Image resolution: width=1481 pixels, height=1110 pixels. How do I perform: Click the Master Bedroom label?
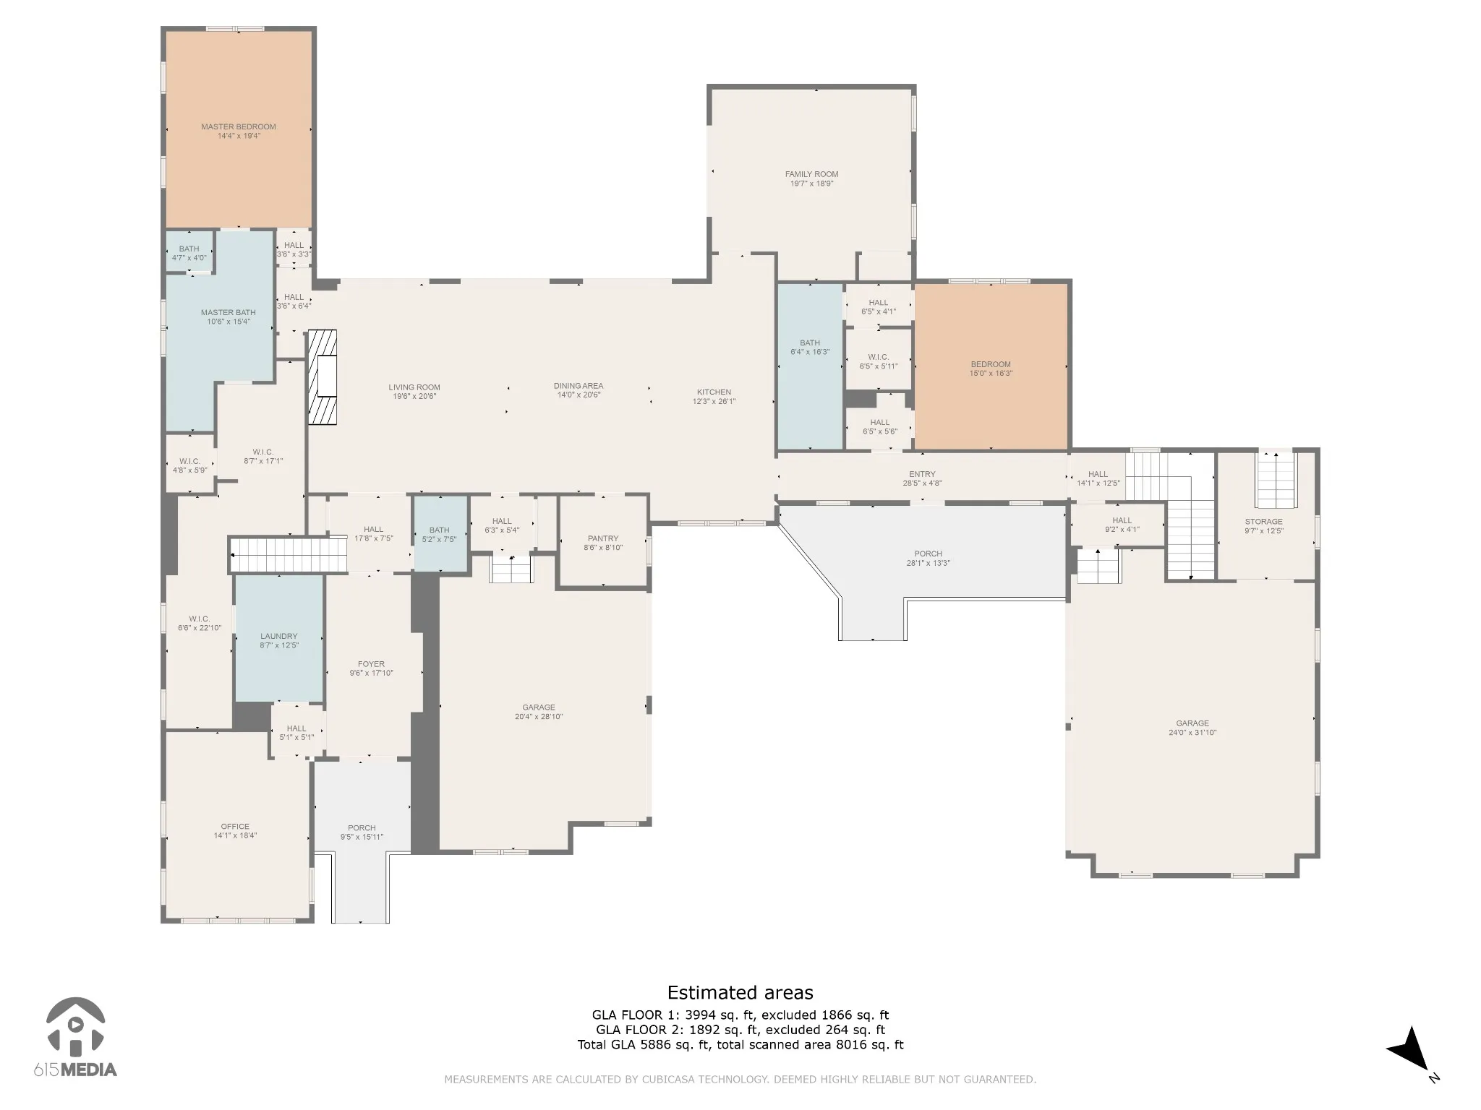[x=239, y=127]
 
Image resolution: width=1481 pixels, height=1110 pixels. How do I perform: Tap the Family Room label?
[x=812, y=174]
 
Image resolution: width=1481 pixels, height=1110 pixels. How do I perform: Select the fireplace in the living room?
[x=323, y=377]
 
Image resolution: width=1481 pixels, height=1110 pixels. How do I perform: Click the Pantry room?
[x=603, y=542]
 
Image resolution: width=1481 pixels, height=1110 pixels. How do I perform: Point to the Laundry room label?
[x=279, y=637]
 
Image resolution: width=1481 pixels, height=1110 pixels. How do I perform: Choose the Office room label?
[x=235, y=827]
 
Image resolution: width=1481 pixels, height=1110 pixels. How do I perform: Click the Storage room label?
[x=1264, y=522]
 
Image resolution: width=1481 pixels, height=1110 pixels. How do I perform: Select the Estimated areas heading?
[x=740, y=992]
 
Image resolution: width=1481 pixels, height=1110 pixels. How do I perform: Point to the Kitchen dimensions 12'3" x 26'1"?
[x=714, y=402]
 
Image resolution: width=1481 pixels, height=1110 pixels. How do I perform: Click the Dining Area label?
[x=579, y=386]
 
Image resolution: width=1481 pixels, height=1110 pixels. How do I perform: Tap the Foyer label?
[x=372, y=664]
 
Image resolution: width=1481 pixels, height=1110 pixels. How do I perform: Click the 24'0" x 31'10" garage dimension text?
[x=1192, y=733]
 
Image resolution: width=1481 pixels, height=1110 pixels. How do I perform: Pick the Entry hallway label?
[x=922, y=475]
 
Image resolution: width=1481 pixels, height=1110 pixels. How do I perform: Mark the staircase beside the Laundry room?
[x=289, y=555]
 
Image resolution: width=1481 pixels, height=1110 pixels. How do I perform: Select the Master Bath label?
[x=229, y=313]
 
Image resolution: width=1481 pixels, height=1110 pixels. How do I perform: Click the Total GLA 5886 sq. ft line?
[x=740, y=1044]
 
